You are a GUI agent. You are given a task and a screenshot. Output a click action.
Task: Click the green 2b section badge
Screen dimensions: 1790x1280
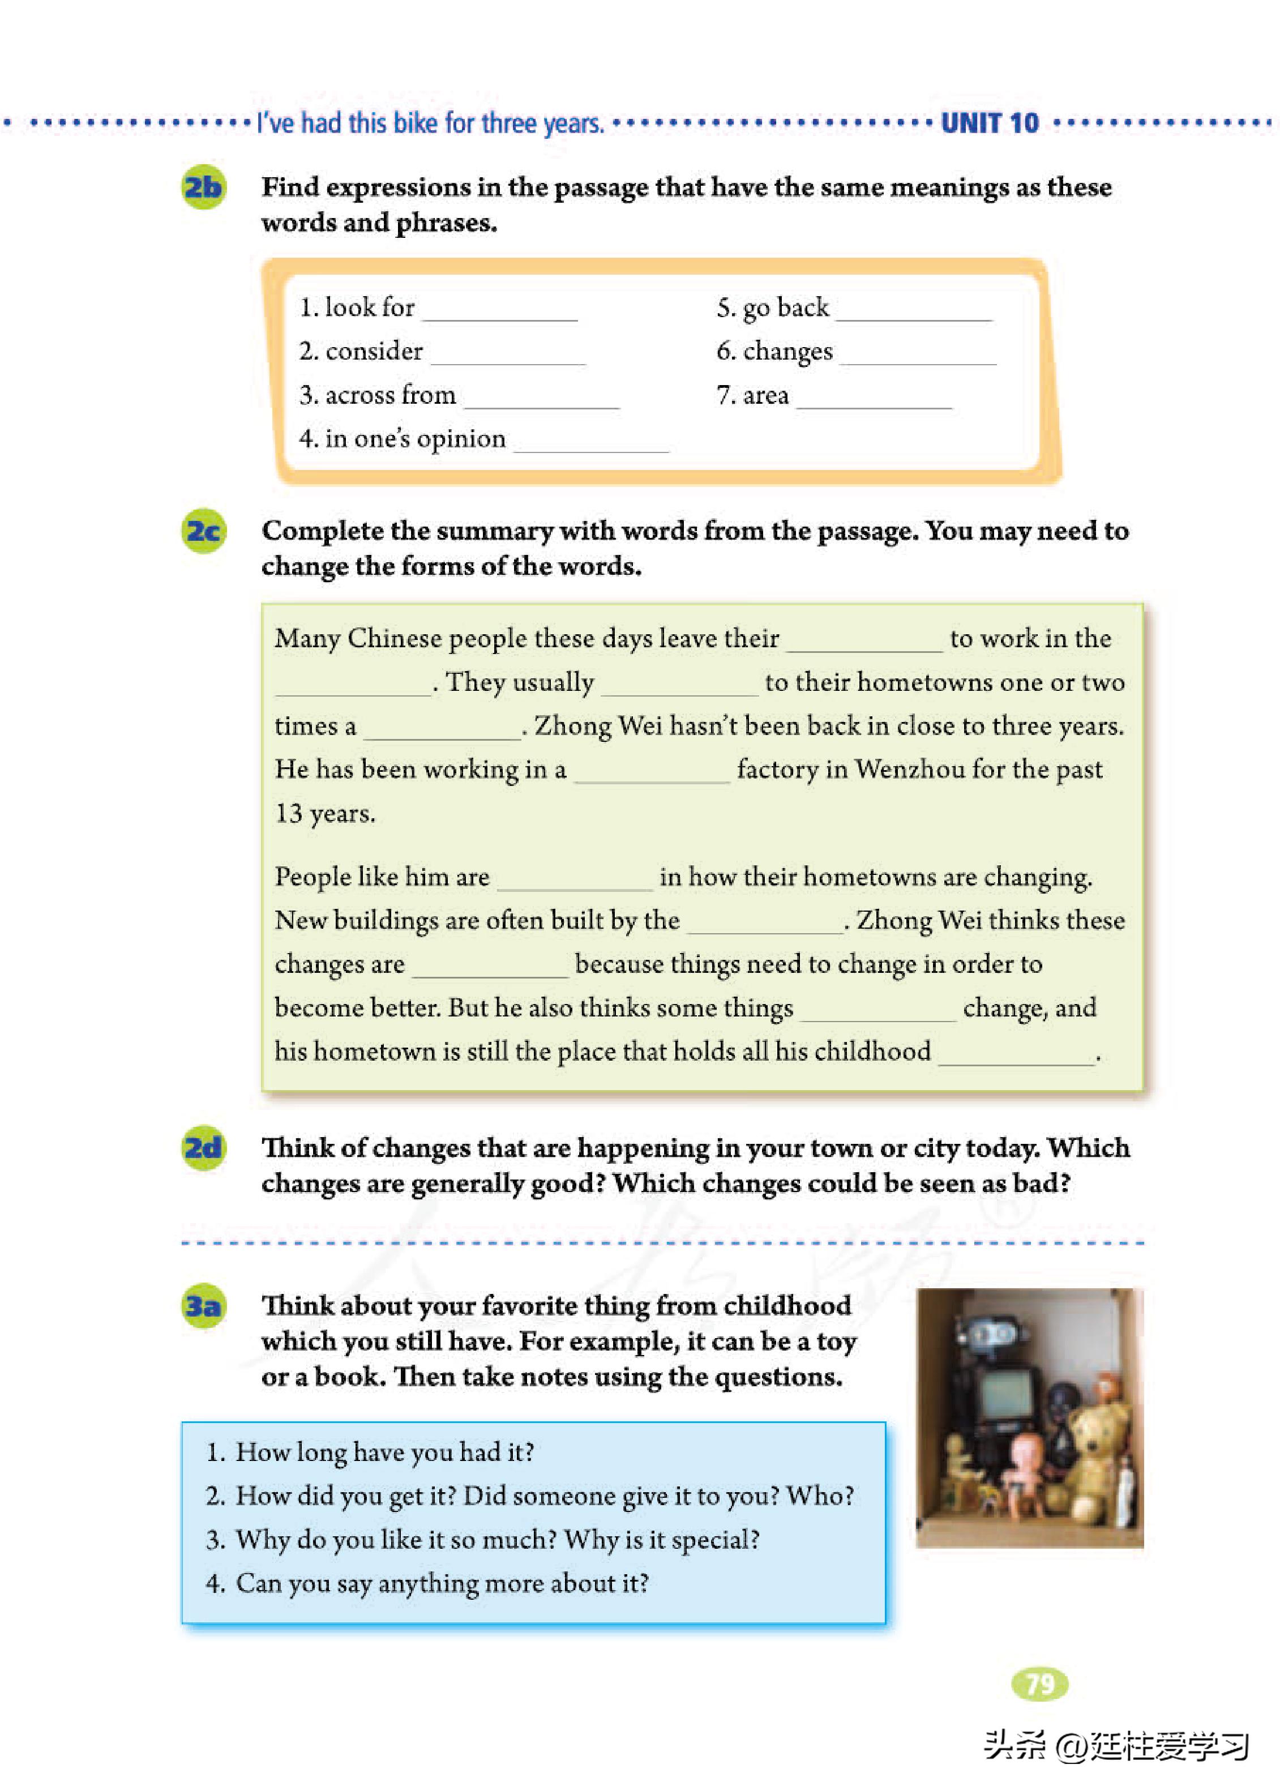pos(203,187)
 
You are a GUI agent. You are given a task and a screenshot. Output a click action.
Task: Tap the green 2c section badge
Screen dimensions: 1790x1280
pos(203,531)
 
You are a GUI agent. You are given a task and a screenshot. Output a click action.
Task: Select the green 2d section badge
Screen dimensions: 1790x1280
pos(203,1148)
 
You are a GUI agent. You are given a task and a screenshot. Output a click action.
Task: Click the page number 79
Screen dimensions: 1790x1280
pos(1039,1684)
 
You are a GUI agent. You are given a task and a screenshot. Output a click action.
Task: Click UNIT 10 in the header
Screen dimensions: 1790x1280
pos(990,124)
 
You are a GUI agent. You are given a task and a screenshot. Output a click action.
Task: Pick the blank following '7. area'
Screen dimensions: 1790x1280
pos(874,399)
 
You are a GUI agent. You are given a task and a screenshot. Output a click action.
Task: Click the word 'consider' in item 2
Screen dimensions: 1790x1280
pos(374,351)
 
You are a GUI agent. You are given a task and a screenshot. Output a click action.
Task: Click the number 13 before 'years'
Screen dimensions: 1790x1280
pos(289,813)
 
